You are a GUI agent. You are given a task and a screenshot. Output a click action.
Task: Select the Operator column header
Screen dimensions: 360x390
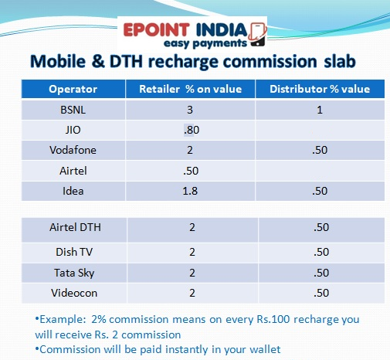click(73, 90)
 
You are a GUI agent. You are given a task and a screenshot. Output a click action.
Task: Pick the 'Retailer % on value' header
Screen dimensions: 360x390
click(190, 90)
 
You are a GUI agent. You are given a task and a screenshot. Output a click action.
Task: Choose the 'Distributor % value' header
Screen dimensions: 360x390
click(319, 90)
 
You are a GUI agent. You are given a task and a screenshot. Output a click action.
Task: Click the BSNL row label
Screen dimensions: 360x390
click(73, 110)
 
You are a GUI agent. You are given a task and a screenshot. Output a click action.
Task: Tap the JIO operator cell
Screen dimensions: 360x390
click(73, 130)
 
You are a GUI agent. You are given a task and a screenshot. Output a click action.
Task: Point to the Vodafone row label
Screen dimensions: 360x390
click(73, 149)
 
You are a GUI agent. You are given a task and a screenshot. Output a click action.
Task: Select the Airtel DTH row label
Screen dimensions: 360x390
click(73, 228)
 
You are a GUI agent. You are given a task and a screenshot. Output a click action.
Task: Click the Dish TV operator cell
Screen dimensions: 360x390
click(73, 250)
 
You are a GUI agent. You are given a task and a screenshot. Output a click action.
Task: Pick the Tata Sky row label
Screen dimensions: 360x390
click(73, 272)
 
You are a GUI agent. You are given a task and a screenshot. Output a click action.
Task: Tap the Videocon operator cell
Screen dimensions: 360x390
click(73, 293)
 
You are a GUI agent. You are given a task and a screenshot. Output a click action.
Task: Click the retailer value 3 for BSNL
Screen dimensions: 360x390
click(190, 110)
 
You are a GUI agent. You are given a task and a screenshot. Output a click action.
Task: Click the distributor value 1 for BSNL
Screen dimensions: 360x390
click(319, 110)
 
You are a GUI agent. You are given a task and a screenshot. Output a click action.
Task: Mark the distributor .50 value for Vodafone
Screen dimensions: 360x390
click(319, 149)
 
